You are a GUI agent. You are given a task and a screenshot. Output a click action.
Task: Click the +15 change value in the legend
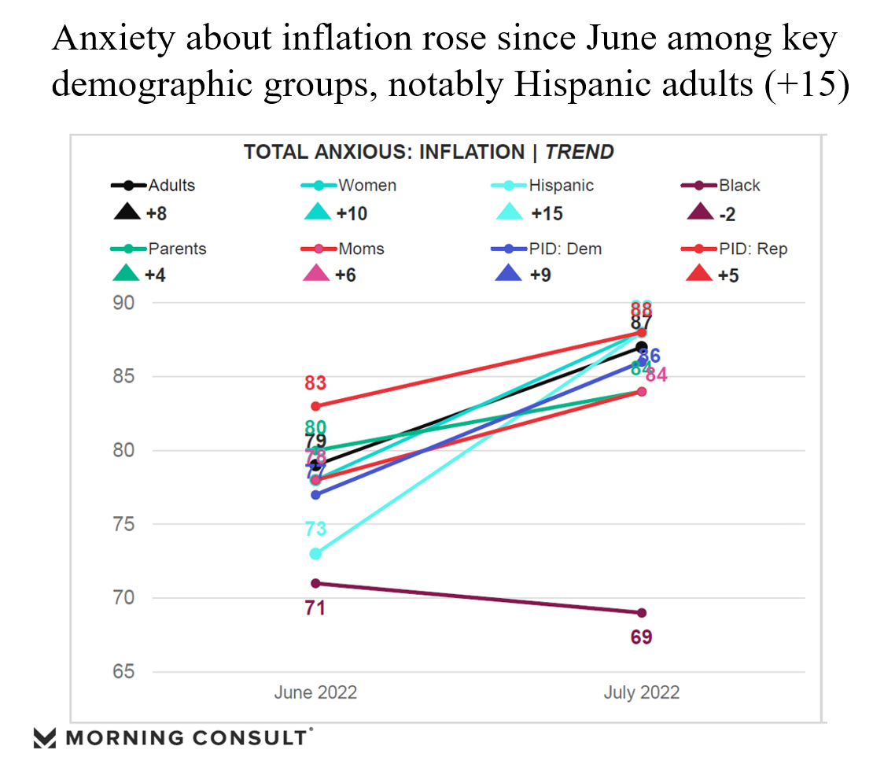(x=547, y=212)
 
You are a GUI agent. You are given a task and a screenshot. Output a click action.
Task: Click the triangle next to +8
(x=126, y=212)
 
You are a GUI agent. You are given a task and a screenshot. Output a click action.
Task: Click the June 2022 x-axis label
(x=315, y=693)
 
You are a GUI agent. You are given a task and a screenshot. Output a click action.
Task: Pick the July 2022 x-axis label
(x=641, y=693)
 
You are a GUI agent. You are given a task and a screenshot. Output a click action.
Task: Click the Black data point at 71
(x=315, y=583)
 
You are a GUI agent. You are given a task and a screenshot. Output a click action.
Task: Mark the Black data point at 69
(x=642, y=613)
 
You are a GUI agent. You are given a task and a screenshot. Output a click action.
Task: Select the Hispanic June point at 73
(x=315, y=554)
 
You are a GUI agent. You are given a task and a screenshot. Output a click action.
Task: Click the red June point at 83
(x=315, y=406)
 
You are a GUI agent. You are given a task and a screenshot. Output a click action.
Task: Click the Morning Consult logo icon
(x=46, y=738)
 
